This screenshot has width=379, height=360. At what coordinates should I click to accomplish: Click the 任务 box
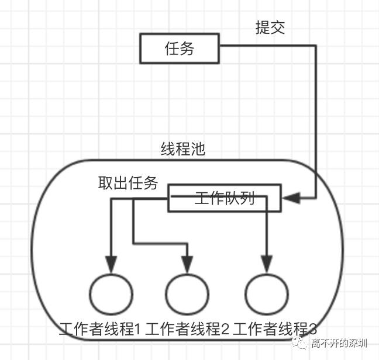[x=179, y=49]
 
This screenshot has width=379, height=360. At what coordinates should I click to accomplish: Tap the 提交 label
[x=270, y=27]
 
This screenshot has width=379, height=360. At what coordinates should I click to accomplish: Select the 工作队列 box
[x=225, y=198]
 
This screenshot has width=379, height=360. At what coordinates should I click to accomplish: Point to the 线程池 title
[x=183, y=149]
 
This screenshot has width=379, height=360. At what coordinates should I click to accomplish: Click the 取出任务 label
[x=128, y=184]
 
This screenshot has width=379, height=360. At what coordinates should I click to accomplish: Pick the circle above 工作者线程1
[x=111, y=294]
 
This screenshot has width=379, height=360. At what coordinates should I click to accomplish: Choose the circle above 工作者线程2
[x=187, y=294]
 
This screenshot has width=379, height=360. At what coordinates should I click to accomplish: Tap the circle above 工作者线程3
[x=267, y=294]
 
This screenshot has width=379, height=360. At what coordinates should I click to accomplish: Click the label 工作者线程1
[x=100, y=330]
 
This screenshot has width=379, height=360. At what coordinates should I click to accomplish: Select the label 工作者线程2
[x=187, y=330]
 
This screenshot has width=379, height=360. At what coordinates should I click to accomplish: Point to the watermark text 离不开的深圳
[x=340, y=343]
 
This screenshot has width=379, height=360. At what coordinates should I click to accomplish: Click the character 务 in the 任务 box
[x=187, y=49]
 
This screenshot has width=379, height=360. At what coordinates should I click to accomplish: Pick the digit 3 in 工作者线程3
[x=313, y=330]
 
